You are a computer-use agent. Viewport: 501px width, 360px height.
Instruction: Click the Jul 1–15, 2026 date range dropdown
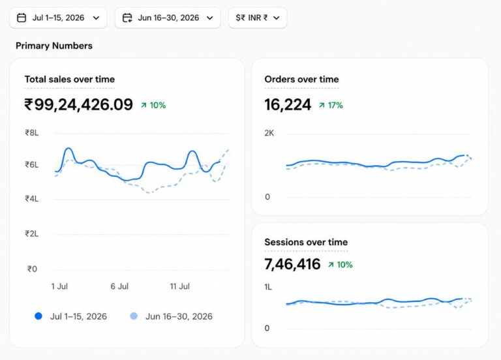point(58,18)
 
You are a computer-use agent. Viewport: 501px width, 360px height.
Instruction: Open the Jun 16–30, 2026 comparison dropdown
point(168,18)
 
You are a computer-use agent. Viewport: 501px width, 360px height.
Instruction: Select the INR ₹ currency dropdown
point(258,18)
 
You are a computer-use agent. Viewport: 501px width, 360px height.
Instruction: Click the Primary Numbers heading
point(54,46)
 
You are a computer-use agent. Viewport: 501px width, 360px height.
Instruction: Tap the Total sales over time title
point(70,79)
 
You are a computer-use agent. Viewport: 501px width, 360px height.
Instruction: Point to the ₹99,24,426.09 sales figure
point(78,104)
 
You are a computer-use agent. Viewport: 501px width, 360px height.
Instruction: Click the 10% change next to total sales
point(153,105)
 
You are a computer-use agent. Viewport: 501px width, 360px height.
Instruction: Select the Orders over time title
point(301,79)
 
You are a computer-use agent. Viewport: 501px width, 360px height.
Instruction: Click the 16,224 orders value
point(288,105)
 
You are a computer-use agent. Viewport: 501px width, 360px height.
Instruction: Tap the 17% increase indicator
point(331,105)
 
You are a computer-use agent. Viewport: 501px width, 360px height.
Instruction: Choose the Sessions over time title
point(306,242)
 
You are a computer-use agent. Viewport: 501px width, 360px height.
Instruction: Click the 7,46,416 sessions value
point(292,264)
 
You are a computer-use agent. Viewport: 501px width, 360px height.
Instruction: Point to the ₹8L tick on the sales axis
point(32,133)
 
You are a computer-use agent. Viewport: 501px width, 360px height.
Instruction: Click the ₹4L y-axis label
point(32,199)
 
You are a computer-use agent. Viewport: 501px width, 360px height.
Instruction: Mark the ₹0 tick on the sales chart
point(32,269)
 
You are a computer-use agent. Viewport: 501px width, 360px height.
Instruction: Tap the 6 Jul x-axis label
point(119,286)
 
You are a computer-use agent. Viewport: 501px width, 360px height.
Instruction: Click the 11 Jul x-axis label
point(179,286)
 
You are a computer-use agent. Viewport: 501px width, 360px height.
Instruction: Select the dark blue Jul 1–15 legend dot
point(38,316)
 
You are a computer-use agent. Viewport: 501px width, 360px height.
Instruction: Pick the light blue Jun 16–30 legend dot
point(134,316)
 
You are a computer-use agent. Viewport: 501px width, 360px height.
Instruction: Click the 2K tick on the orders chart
point(269,133)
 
